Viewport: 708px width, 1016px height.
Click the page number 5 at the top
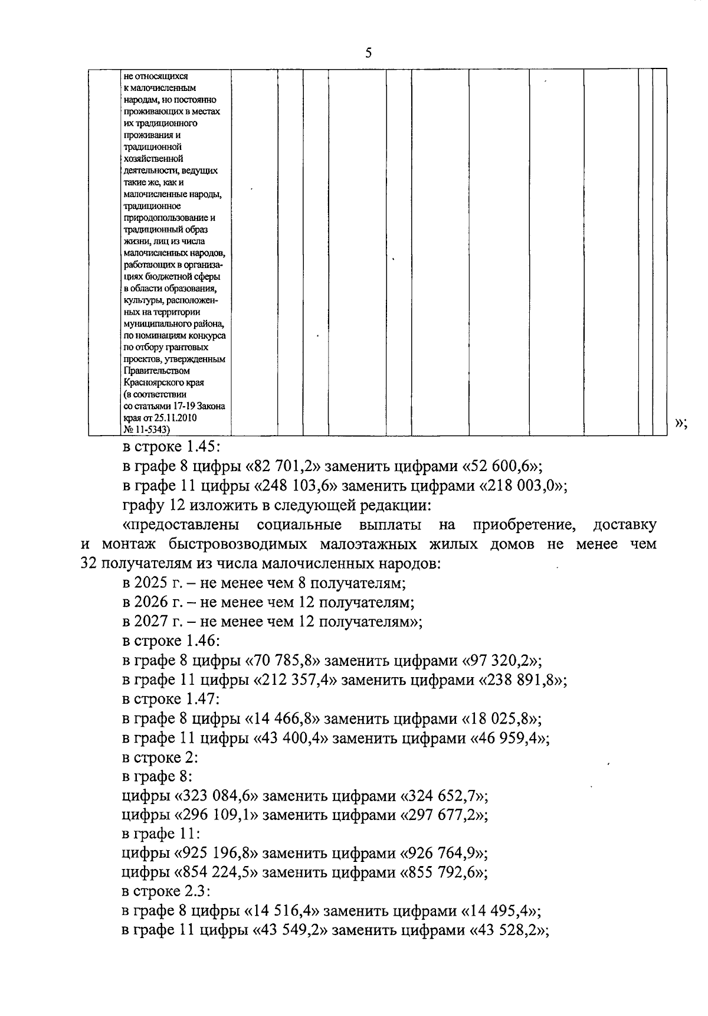[369, 53]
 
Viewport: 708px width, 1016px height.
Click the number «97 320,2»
[497, 660]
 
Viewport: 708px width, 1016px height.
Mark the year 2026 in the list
[155, 602]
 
